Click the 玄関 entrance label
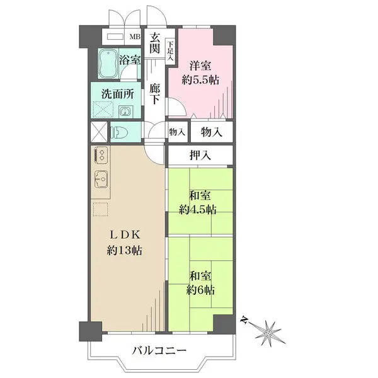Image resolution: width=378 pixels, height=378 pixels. tap(154, 43)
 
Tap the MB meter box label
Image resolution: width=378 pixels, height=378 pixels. tap(135, 37)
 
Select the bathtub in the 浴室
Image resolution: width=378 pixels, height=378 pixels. tap(108, 64)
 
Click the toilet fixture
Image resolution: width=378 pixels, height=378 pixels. tap(119, 132)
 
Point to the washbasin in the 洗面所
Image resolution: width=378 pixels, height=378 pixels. tap(125, 112)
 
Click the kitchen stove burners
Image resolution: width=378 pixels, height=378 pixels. tap(101, 154)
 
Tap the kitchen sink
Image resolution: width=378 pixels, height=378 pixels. tap(101, 179)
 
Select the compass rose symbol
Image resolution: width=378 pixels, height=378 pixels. tap(268, 333)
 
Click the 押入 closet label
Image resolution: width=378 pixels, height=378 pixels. tap(200, 155)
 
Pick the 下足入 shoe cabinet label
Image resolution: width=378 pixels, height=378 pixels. tap(171, 51)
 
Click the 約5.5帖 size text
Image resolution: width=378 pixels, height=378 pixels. tap(200, 80)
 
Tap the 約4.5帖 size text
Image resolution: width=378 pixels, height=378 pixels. tap(197, 210)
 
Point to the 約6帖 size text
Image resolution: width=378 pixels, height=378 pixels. tap(200, 290)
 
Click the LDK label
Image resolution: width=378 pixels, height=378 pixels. tap(125, 235)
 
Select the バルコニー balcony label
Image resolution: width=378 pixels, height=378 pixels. tap(159, 350)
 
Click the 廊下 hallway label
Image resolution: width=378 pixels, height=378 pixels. tap(154, 94)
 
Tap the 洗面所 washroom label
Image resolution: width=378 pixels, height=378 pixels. tap(118, 94)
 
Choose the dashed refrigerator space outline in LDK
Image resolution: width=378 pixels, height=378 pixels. tap(100, 209)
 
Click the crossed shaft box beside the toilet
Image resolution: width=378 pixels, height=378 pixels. tap(99, 132)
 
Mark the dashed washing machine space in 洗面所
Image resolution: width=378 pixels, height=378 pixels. tap(103, 110)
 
